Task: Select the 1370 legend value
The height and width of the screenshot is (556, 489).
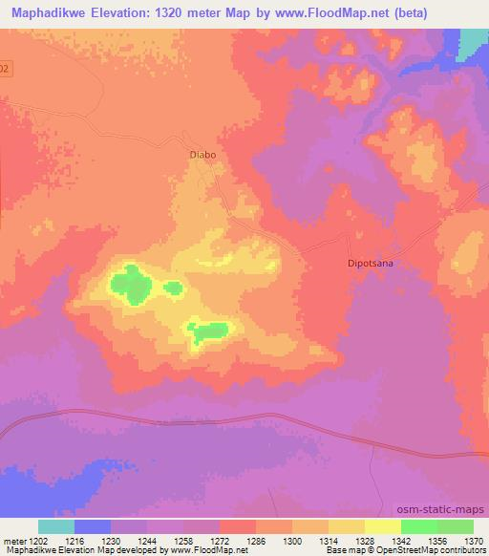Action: [x=474, y=540]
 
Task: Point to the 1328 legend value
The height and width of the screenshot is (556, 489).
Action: [x=364, y=540]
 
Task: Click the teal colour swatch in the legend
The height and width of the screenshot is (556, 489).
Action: [x=56, y=526]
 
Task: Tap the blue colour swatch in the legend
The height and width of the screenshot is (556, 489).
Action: [x=93, y=526]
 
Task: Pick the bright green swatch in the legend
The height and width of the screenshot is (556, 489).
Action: [x=418, y=526]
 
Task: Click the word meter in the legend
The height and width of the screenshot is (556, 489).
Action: [x=11, y=540]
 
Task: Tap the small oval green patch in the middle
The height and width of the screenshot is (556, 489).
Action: [x=173, y=288]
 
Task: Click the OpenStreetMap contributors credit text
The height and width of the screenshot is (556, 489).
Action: [x=439, y=551]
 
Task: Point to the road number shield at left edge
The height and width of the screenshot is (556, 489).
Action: [x=5, y=69]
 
